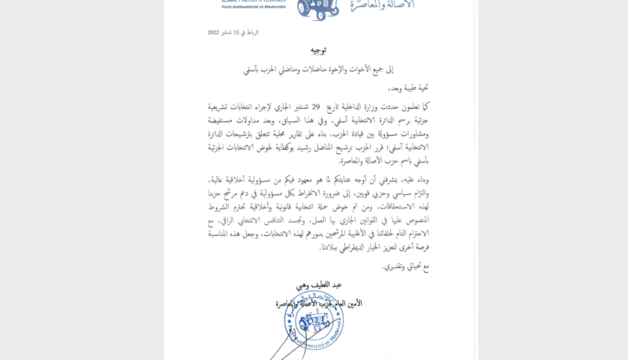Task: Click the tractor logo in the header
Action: coord(318,8)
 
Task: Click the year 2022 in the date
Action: coord(214,33)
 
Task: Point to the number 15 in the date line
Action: coord(238,33)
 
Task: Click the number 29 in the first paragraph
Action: coord(316,107)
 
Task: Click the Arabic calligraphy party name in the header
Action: coord(386,7)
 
